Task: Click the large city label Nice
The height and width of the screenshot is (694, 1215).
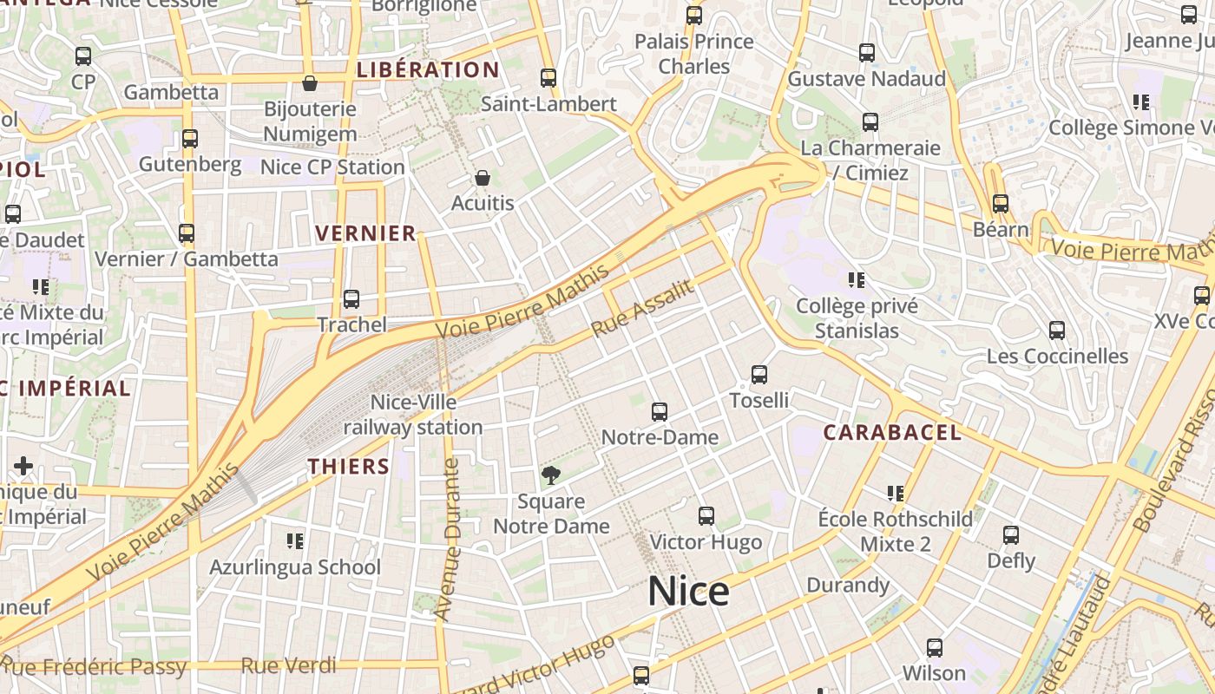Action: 688,592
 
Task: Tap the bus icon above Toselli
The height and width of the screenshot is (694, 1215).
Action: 759,375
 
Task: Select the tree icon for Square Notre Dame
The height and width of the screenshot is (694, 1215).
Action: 550,475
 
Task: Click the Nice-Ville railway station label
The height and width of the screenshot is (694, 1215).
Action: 413,415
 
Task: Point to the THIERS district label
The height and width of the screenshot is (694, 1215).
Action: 349,467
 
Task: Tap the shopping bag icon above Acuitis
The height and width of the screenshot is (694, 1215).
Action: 483,178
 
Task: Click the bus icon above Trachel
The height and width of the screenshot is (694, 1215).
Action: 351,299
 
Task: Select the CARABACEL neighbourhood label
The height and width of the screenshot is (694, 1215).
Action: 892,432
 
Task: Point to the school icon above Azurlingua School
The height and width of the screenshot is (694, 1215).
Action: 295,541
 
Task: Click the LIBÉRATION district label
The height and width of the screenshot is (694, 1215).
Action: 428,70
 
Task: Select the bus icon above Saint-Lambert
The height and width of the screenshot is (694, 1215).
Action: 548,78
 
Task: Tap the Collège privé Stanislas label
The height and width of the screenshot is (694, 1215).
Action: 857,318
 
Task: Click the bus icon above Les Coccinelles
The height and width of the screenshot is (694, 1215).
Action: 1057,331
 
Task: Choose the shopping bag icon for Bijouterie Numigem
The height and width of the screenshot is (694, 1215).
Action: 310,83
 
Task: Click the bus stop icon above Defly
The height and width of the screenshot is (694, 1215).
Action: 1011,535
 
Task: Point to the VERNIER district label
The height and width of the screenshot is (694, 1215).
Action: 365,233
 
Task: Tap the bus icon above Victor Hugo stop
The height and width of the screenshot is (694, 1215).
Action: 706,516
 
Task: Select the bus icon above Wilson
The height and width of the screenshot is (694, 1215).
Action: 935,648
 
